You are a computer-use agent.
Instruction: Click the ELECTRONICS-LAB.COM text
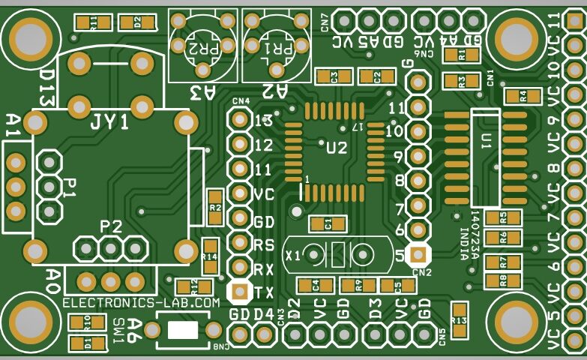click(x=142, y=302)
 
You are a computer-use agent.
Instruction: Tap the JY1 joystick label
click(x=109, y=122)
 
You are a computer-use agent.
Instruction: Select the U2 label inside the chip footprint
click(x=336, y=148)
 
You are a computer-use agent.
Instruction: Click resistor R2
click(x=216, y=206)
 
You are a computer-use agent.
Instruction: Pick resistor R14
click(x=210, y=256)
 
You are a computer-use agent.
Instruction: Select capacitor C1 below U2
click(x=328, y=223)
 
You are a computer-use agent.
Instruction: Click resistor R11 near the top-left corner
click(x=92, y=22)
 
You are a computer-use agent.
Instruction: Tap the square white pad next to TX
click(x=238, y=291)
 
